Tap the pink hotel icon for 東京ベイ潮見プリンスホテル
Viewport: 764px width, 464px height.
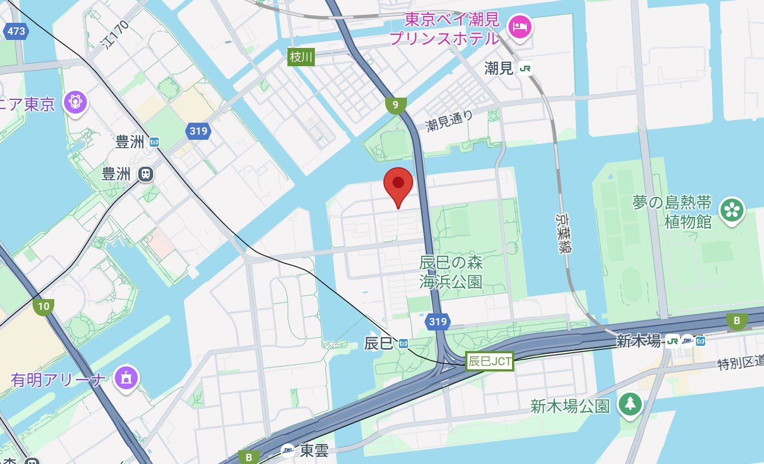[x=519, y=27]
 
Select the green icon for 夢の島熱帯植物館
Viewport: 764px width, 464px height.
[x=731, y=211]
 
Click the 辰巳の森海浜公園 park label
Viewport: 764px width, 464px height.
[x=451, y=272]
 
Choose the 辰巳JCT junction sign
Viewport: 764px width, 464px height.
[x=490, y=361]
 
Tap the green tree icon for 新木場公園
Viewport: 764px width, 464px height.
[x=630, y=404]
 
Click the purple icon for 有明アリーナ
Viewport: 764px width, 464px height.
[x=126, y=377]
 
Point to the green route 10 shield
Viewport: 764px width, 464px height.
[x=43, y=306]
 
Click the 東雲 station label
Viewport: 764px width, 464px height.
[x=314, y=451]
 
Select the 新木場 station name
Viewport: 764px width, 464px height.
[x=639, y=341]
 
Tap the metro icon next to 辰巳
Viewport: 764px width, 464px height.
[x=404, y=343]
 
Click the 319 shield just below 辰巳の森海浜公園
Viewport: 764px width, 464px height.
[x=438, y=321]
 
